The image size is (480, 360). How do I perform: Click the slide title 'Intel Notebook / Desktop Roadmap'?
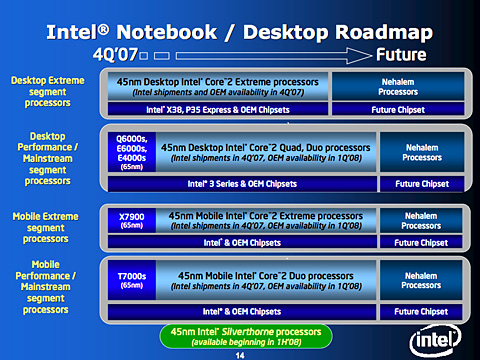pos(240,29)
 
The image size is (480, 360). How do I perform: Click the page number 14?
pos(239,352)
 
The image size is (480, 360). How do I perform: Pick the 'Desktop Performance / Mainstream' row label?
pos(48,154)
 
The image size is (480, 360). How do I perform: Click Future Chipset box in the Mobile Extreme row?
pos(420,242)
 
